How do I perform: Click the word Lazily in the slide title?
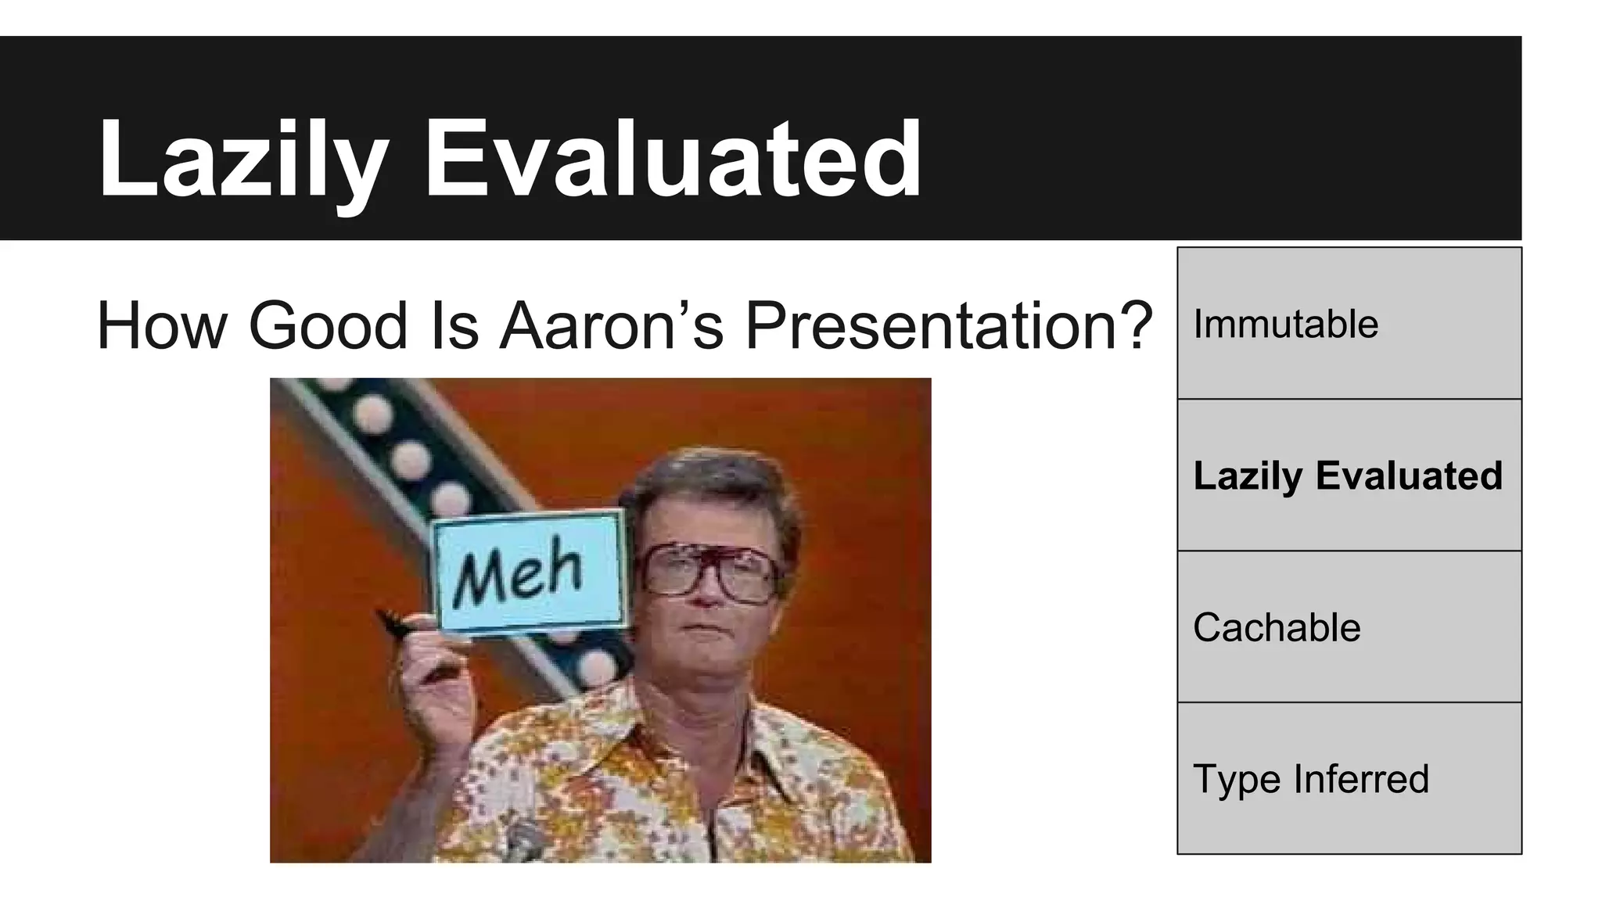point(242,160)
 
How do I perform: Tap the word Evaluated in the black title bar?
point(673,160)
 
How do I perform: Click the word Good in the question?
point(329,325)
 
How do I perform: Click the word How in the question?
point(161,325)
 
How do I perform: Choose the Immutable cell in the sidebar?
point(1349,324)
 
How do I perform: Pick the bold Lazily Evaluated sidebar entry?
point(1349,476)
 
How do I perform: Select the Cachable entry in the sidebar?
point(1349,627)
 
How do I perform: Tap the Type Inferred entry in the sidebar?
point(1349,779)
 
